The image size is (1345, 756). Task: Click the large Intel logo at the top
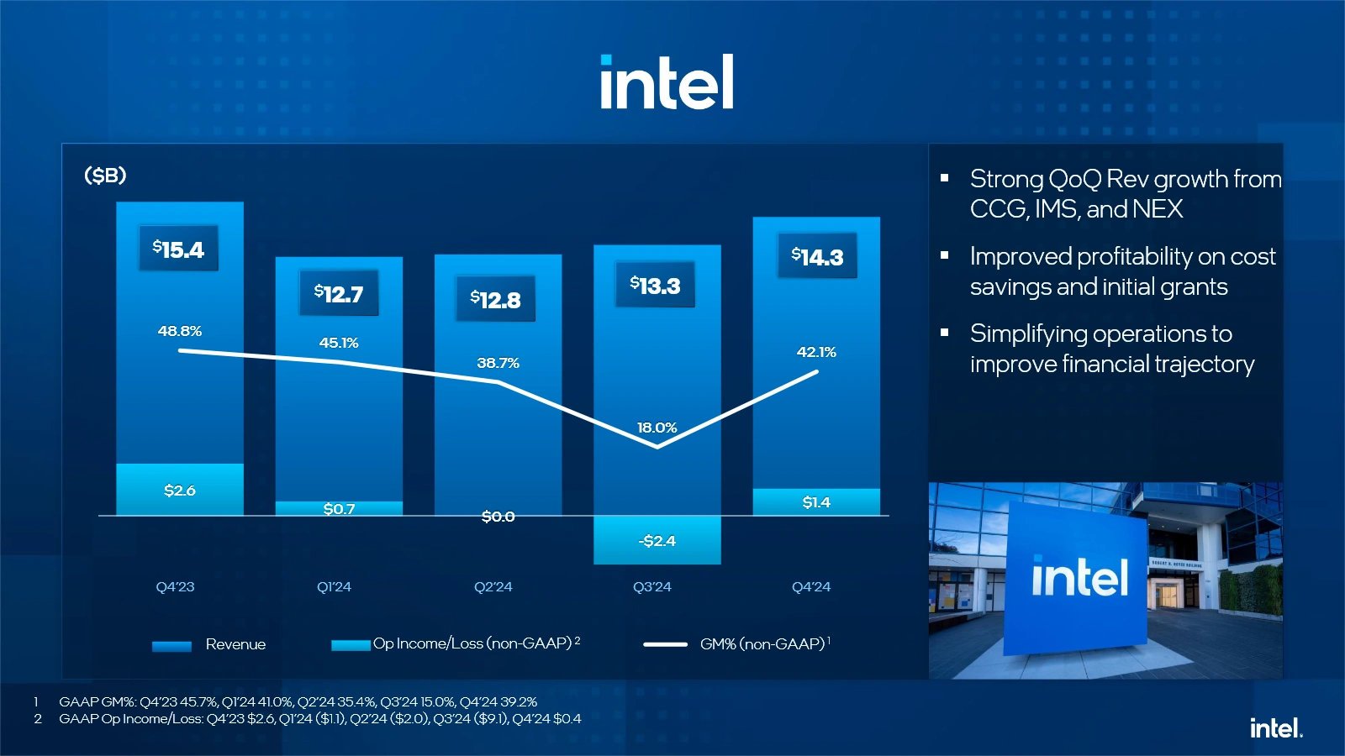667,82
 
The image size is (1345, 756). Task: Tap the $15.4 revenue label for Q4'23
178,249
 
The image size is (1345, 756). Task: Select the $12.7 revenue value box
339,293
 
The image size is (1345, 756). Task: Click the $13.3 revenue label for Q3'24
655,286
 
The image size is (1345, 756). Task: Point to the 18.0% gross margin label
657,428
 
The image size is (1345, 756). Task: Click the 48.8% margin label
180,331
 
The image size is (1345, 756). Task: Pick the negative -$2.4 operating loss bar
657,540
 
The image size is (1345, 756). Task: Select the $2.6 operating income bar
180,490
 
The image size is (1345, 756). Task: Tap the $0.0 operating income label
498,517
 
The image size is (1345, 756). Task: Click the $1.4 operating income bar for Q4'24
816,502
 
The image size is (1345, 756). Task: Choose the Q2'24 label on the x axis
493,587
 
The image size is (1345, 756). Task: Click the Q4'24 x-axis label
811,587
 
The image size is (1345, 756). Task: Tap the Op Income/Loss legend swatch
351,645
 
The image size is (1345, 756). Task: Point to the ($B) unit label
105,176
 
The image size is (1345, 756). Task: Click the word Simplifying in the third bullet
1028,333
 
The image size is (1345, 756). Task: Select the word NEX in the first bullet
1158,209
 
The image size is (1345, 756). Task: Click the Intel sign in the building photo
1079,578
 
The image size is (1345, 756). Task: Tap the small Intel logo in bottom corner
1275,728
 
